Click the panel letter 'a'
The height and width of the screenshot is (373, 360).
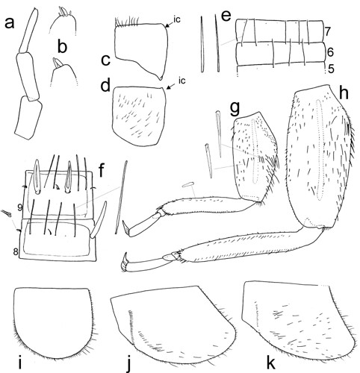pos(10,24)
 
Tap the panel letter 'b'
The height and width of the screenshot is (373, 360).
pos(63,47)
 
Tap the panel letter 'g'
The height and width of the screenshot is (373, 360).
pos(235,109)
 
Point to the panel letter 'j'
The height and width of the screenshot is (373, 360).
pos(128,364)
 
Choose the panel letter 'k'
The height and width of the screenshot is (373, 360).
pos(272,363)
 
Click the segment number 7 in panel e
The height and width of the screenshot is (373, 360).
pos(328,31)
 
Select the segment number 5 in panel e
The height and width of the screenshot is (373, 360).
pos(331,69)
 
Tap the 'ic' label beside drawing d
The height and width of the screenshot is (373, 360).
pos(182,81)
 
